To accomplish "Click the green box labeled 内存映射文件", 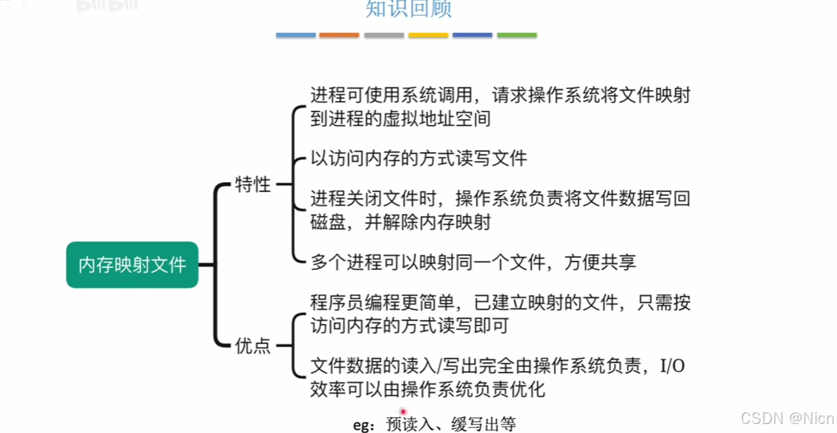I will click(132, 265).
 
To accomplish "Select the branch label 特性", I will click(253, 185).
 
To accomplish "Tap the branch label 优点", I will click(253, 346).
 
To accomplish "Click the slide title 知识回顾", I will click(408, 9).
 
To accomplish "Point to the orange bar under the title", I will click(339, 35).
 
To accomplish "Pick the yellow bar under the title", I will click(428, 35).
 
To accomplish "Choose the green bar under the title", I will click(516, 35).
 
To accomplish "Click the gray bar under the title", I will click(383, 35).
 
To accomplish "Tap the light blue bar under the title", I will click(295, 35).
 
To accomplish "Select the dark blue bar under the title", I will click(472, 35).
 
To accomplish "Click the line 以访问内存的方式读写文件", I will click(418, 158).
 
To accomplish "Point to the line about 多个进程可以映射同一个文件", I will click(473, 262).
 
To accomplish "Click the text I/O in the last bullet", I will click(675, 366).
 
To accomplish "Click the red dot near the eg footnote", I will click(403, 411).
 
